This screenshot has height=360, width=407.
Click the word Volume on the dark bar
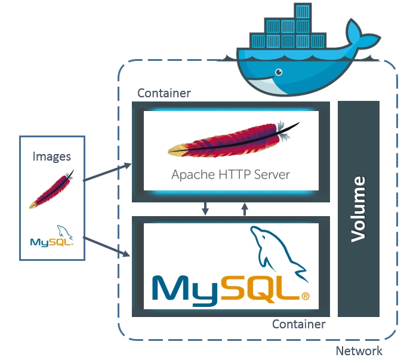[358, 208]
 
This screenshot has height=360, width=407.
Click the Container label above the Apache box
[164, 93]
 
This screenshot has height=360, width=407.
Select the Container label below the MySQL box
[298, 324]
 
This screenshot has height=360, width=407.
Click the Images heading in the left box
[52, 156]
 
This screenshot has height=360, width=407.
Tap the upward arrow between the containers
[244, 208]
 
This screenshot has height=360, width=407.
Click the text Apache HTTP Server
[230, 175]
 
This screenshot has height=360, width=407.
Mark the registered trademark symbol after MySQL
[306, 296]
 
